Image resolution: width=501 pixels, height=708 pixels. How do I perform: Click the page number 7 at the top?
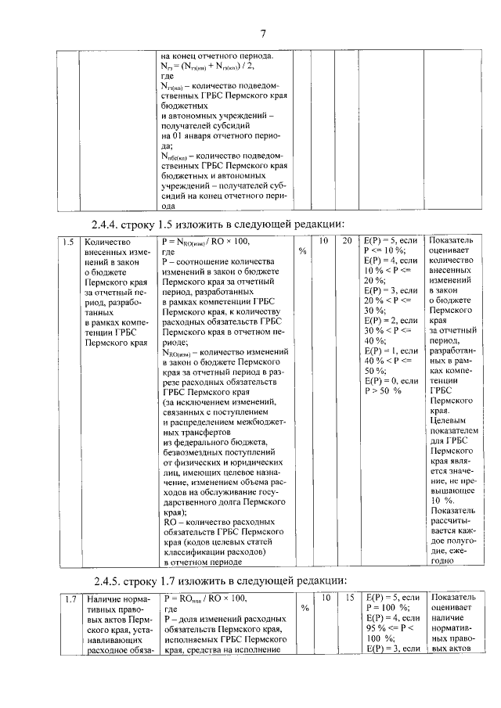[263, 32]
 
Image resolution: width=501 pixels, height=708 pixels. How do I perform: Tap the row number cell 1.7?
[69, 598]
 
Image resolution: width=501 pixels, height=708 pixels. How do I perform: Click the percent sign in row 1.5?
[302, 252]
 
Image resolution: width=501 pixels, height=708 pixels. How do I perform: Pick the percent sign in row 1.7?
[302, 608]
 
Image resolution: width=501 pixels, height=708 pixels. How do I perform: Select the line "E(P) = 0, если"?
[391, 380]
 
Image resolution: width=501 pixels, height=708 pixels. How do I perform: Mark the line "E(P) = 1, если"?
[391, 350]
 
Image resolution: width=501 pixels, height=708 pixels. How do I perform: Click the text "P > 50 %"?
[383, 390]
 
